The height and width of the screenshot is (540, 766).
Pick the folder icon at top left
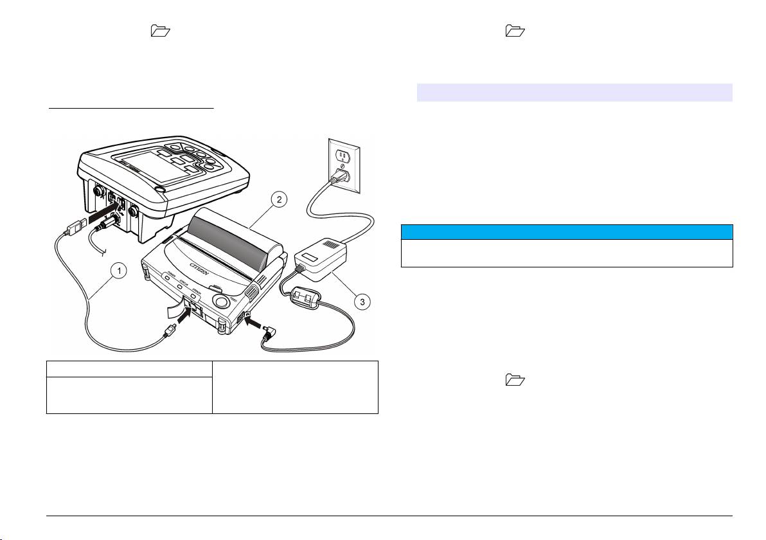(x=157, y=30)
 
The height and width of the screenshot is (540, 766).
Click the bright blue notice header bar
(x=567, y=231)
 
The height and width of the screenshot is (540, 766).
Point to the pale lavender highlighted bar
(x=574, y=92)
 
